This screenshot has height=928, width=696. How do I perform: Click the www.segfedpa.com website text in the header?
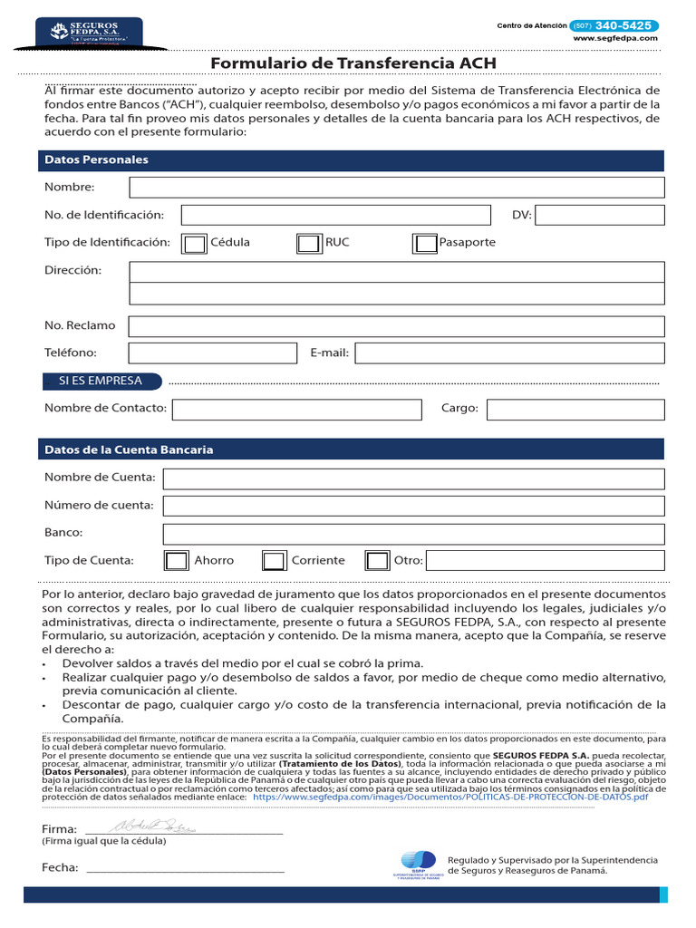pyautogui.click(x=615, y=39)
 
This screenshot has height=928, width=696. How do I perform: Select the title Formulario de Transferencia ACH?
pyautogui.click(x=353, y=63)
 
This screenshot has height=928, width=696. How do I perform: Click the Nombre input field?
pyautogui.click(x=397, y=188)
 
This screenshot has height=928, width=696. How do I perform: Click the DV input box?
pyautogui.click(x=600, y=215)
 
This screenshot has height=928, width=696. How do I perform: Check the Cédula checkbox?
pyautogui.click(x=195, y=244)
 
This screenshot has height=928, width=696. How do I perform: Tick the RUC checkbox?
pyautogui.click(x=309, y=244)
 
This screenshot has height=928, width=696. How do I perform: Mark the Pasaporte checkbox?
pyautogui.click(x=425, y=244)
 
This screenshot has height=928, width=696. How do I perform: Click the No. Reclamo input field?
pyautogui.click(x=396, y=326)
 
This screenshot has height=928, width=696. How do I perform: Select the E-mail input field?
pyautogui.click(x=509, y=353)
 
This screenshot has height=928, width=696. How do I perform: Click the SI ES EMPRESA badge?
pyautogui.click(x=101, y=381)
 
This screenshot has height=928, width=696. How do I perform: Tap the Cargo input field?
pyautogui.click(x=575, y=410)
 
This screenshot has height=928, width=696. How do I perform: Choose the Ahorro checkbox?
pyautogui.click(x=177, y=561)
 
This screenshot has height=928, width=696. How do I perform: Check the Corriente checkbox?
pyautogui.click(x=275, y=561)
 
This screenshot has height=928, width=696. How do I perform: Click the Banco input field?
pyautogui.click(x=413, y=533)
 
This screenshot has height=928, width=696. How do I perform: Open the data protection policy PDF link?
pyautogui.click(x=450, y=797)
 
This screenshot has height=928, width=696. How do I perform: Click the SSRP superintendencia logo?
pyautogui.click(x=418, y=865)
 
